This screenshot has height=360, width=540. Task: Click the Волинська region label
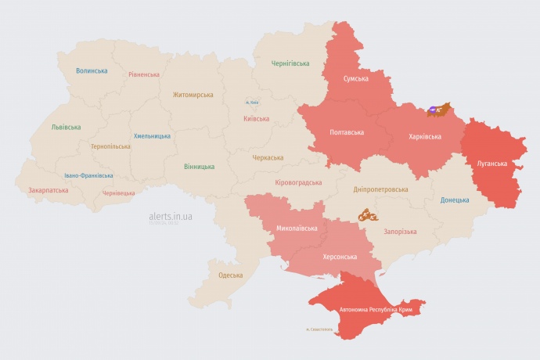pyautogui.click(x=92, y=70)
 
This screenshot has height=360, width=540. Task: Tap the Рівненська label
pyautogui.click(x=144, y=75)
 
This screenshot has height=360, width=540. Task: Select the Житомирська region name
pyautogui.click(x=193, y=95)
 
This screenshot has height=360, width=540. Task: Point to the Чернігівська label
pyautogui.click(x=290, y=63)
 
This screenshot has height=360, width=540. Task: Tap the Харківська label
pyautogui.click(x=425, y=136)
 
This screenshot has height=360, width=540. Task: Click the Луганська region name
pyautogui.click(x=491, y=164)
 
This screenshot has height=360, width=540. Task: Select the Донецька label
pyautogui.click(x=455, y=200)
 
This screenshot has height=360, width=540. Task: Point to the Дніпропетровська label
pyautogui.click(x=380, y=190)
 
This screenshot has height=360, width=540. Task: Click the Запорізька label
pyautogui.click(x=400, y=232)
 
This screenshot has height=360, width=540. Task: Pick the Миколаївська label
pyautogui.click(x=297, y=229)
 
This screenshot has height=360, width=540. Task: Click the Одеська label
pyautogui.click(x=230, y=275)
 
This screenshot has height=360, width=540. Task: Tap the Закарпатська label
pyautogui.click(x=48, y=190)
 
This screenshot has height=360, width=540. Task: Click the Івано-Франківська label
pyautogui.click(x=88, y=176)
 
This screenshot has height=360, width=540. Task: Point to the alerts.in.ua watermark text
pyautogui.click(x=171, y=215)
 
